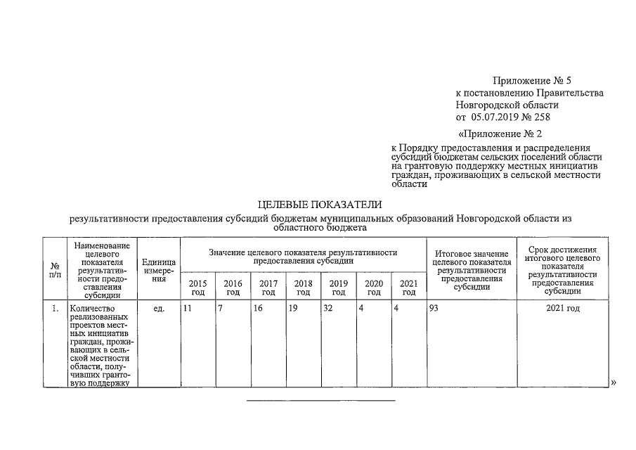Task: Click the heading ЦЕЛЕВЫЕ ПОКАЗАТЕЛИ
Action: [320, 205]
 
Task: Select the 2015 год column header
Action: [197, 288]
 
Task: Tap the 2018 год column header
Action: [303, 288]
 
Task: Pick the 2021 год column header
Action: [408, 288]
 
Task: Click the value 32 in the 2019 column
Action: [327, 309]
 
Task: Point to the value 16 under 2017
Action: [258, 309]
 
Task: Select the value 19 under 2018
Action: [293, 309]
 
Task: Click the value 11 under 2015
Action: [187, 309]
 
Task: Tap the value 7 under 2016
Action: [220, 309]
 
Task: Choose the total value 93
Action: [434, 309]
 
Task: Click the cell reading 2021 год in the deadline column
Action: [562, 309]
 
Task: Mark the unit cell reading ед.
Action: [158, 309]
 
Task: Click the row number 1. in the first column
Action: [55, 309]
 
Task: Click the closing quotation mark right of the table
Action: [614, 382]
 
